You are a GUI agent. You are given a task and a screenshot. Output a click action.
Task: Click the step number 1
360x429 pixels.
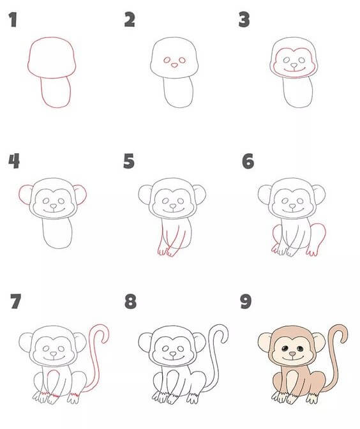[x=13, y=20]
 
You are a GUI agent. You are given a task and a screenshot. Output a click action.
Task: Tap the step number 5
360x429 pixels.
[x=129, y=161]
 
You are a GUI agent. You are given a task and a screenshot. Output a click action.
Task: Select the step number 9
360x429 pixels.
[x=246, y=301]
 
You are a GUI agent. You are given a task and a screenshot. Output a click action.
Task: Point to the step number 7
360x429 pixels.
[x=15, y=301]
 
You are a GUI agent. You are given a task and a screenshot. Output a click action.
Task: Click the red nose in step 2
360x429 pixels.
[x=174, y=65]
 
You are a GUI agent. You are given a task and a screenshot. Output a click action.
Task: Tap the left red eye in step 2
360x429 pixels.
[x=167, y=60]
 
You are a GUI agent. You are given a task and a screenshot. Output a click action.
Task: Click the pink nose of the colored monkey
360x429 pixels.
[x=292, y=354]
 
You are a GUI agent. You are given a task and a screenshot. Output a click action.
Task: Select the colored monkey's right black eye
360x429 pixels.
[x=300, y=349]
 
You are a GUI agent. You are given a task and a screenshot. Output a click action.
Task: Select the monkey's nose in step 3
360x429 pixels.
[x=294, y=65]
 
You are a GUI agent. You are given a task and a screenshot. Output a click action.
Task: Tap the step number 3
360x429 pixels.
[x=244, y=20]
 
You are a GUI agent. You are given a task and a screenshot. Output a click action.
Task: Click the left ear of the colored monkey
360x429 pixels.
[x=265, y=342]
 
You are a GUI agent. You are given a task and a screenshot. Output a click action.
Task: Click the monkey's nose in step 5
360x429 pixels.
[x=173, y=206]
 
